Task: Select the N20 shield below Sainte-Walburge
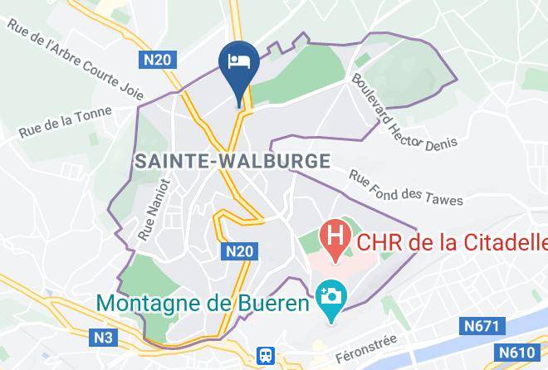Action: pos(237,249)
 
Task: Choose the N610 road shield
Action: pos(515,353)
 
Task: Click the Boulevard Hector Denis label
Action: pos(404,113)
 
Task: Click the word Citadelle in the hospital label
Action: pos(503,243)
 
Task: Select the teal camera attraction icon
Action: pos(330,295)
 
